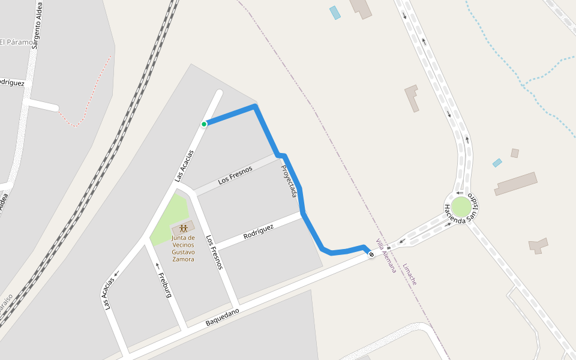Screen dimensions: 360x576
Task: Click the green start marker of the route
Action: (204, 124)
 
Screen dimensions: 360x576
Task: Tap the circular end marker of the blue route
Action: (371, 255)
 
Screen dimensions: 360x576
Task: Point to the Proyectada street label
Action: (289, 181)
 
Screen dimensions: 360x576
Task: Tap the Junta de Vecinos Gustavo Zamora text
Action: (183, 248)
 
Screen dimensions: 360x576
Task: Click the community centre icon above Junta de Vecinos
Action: (184, 229)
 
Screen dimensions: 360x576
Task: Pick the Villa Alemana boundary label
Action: (386, 256)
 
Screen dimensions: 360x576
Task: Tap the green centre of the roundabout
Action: (461, 207)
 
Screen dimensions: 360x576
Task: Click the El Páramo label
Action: (17, 42)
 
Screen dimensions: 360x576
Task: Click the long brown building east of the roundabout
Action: (515, 184)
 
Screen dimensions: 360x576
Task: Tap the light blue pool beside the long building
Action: (497, 163)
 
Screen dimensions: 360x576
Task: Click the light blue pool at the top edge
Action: (335, 13)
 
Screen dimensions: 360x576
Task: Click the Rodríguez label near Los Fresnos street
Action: (259, 232)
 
